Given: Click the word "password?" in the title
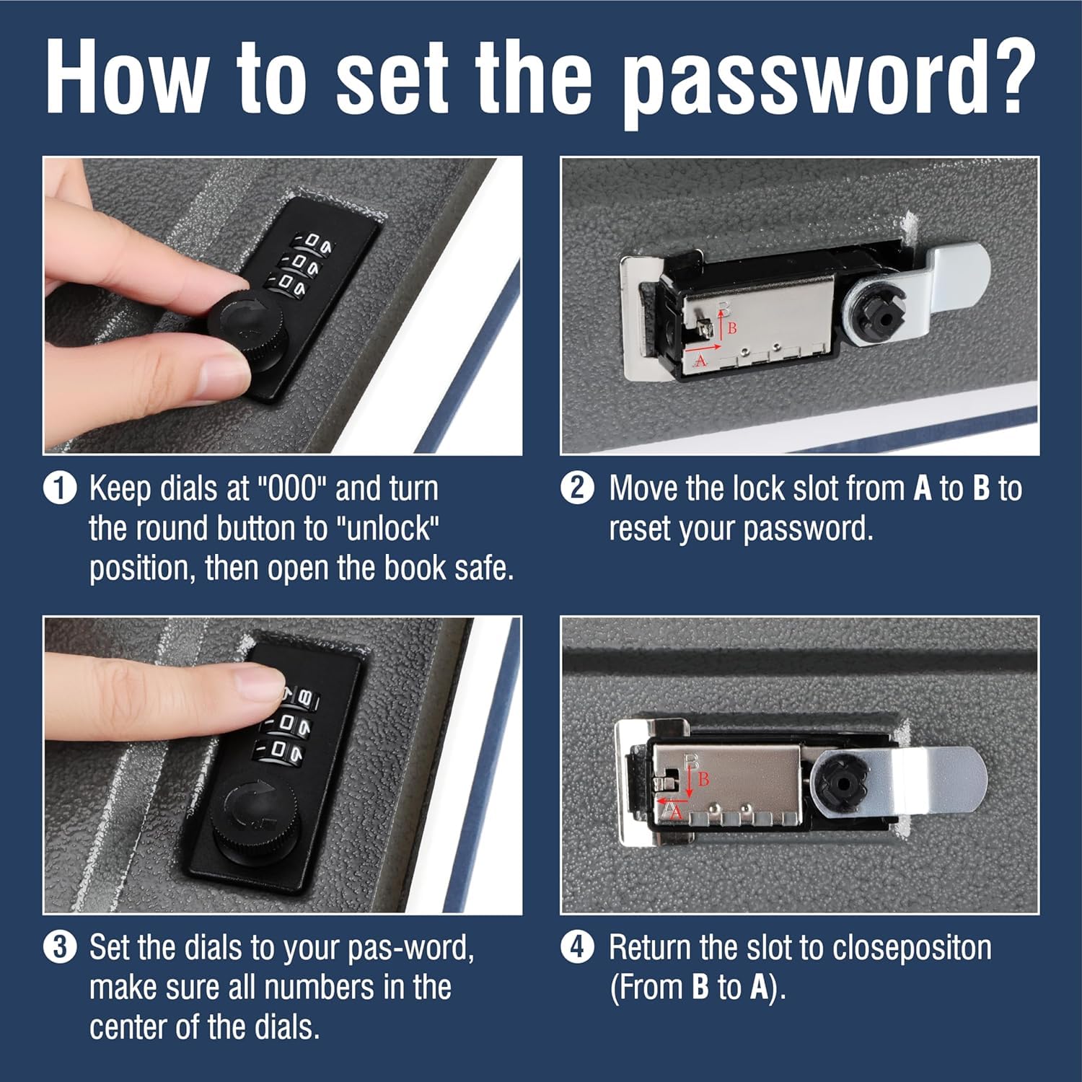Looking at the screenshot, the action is (830, 81).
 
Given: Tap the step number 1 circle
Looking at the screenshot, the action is (60, 488).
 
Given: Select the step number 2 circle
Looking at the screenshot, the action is (577, 488).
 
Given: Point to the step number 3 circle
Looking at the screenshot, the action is (60, 947).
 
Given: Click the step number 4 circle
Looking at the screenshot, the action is (577, 947).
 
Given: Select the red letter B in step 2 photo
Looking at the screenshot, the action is (731, 328).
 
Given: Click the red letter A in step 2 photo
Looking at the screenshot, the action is (700, 361).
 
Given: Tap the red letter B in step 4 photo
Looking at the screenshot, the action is (703, 779).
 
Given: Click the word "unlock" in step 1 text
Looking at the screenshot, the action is (390, 529).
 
